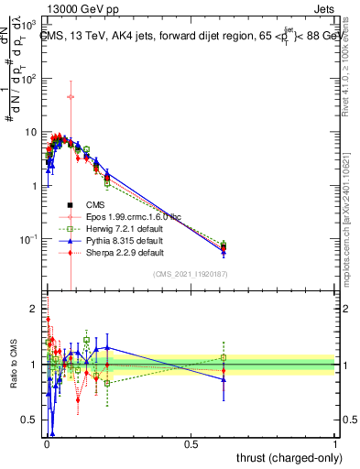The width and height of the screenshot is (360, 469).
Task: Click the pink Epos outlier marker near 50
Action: [71, 96]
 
